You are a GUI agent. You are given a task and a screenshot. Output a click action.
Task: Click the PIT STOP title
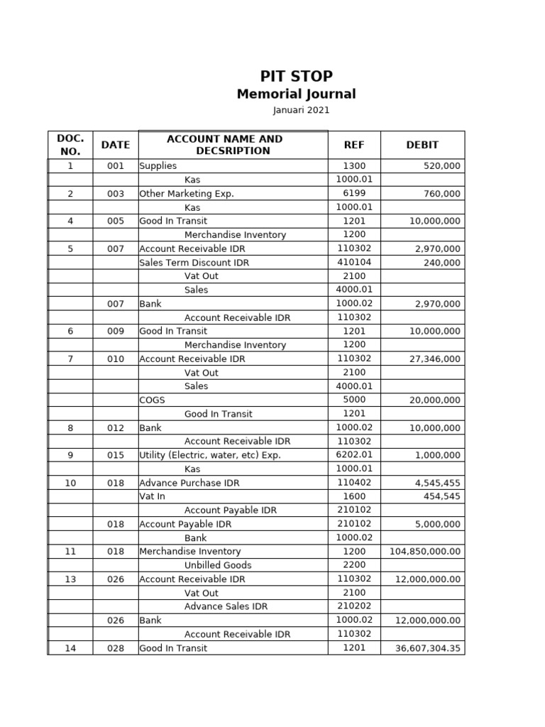point(296,76)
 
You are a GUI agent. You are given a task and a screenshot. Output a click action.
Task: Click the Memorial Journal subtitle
point(296,94)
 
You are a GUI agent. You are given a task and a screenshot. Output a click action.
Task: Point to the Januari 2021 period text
point(301,111)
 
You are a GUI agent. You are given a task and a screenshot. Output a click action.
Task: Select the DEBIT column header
point(422,145)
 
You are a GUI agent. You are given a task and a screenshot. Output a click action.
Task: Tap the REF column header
point(353,145)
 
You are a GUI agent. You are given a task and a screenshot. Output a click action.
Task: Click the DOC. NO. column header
point(70,145)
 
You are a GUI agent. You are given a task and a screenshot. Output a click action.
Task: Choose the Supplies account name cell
point(158,166)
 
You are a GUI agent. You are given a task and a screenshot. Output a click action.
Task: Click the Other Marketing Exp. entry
point(187,194)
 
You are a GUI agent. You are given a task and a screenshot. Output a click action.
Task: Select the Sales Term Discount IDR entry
point(194,263)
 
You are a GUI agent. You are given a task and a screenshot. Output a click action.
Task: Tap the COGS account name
point(152,400)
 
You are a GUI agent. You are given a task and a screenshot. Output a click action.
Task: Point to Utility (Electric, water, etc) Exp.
point(210,455)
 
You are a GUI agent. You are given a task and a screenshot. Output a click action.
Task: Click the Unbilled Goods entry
point(218,565)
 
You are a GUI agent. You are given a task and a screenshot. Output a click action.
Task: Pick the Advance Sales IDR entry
point(226,606)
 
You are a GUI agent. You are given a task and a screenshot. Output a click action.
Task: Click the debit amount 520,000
point(441,166)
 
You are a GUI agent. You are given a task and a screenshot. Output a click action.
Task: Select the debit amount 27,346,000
point(434,359)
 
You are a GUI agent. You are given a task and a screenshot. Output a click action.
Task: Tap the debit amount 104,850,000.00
point(425,552)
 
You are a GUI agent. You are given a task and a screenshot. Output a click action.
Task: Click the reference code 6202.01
point(354,455)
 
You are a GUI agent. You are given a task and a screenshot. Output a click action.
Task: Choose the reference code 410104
point(354,263)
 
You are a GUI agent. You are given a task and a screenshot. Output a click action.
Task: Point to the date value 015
point(115,455)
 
